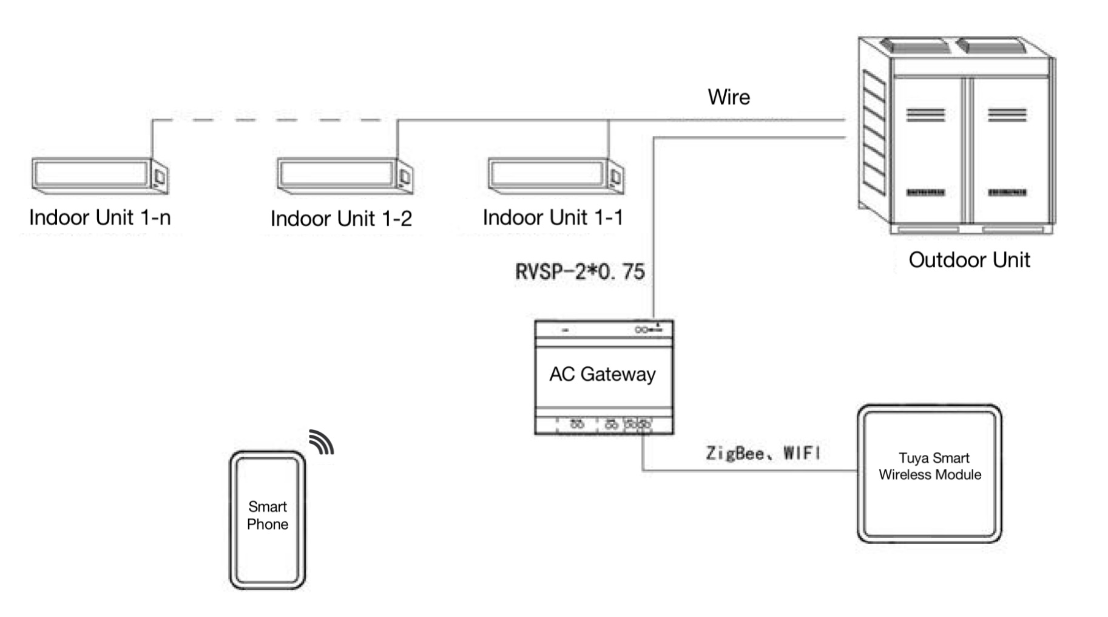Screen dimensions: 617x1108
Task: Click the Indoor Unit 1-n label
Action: click(100, 217)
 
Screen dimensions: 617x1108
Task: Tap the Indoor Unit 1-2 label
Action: click(341, 219)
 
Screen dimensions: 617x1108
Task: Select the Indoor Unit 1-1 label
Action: click(553, 217)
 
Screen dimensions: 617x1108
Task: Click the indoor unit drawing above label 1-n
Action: click(100, 176)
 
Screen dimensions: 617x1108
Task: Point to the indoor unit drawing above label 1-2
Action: click(345, 176)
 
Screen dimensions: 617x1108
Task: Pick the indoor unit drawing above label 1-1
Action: click(556, 176)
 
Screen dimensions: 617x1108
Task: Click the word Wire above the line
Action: click(729, 97)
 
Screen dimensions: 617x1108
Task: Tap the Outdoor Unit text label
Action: click(969, 260)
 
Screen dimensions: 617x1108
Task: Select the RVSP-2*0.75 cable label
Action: click(579, 271)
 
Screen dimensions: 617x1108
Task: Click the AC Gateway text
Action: click(602, 374)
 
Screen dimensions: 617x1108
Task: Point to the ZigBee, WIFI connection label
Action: click(763, 453)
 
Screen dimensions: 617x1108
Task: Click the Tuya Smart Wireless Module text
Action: click(930, 466)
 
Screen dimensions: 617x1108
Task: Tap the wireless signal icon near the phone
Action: click(321, 442)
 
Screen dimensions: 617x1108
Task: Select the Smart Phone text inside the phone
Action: click(268, 516)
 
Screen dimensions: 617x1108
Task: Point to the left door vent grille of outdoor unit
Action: click(925, 115)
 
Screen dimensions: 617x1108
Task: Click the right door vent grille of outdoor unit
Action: click(1007, 115)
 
